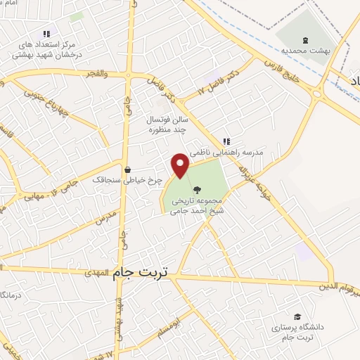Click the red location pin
181,165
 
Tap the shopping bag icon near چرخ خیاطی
127,169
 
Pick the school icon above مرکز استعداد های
46,33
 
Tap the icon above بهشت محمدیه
304,39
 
